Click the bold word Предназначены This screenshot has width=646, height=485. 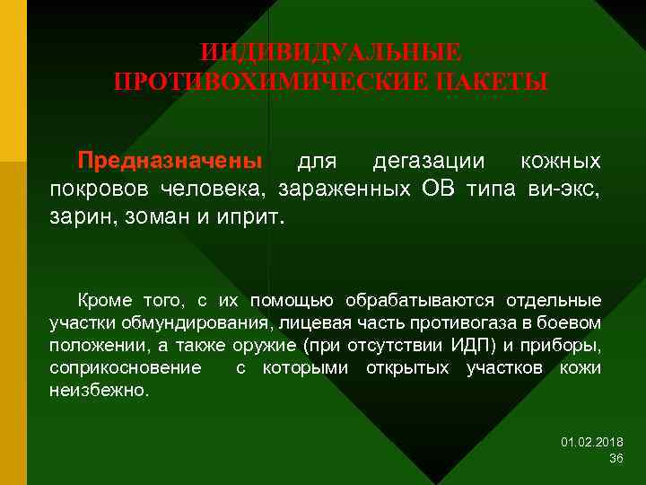[x=170, y=161]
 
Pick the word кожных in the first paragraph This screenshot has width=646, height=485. [x=562, y=161]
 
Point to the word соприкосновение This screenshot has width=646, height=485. [x=125, y=369]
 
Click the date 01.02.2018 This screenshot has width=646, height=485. [x=592, y=442]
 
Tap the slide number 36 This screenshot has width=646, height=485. [x=615, y=458]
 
